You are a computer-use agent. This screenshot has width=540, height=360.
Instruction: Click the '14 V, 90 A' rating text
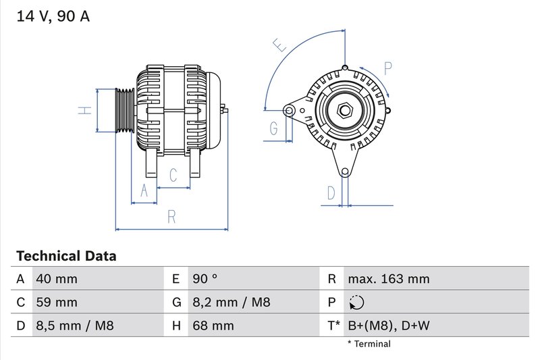pyautogui.click(x=53, y=17)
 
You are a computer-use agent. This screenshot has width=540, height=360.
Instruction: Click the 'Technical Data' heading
pyautogui.click(x=66, y=257)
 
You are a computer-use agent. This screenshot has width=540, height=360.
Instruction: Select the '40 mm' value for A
pyautogui.click(x=57, y=279)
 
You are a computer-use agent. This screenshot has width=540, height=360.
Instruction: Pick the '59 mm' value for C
pyautogui.click(x=57, y=303)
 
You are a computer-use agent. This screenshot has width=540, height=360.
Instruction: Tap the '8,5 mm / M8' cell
pyautogui.click(x=75, y=326)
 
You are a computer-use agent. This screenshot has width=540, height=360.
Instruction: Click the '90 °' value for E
pyautogui.click(x=205, y=279)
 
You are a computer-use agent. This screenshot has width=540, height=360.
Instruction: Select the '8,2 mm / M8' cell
pyautogui.click(x=232, y=303)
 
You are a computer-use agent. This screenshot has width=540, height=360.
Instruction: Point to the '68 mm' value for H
pyautogui.click(x=213, y=326)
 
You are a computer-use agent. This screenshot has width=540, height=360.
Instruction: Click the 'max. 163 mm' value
pyautogui.click(x=388, y=279)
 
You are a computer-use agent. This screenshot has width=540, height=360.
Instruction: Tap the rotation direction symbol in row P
pyautogui.click(x=357, y=303)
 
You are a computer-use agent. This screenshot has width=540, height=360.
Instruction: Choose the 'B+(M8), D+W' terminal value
pyautogui.click(x=388, y=326)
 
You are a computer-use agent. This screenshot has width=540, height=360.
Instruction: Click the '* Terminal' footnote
pyautogui.click(x=369, y=344)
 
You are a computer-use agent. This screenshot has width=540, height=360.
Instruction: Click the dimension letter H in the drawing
pyautogui.click(x=84, y=110)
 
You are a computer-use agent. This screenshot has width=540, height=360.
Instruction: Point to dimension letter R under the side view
pyautogui.click(x=171, y=217)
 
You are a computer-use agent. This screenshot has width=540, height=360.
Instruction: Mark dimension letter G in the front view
pyautogui.click(x=274, y=127)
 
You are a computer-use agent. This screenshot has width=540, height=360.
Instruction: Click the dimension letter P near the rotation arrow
pyautogui.click(x=388, y=68)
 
